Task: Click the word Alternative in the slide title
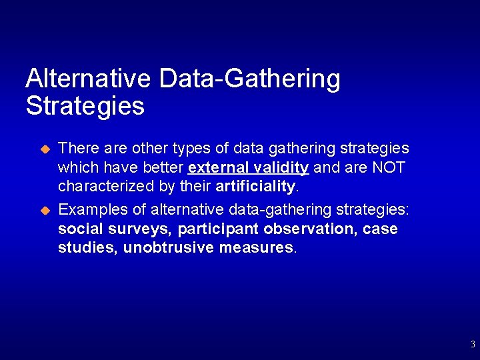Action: [89, 79]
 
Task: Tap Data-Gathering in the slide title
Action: [249, 79]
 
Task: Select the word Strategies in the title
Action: [85, 106]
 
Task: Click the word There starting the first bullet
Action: [77, 148]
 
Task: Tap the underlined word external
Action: [218, 167]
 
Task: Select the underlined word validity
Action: [280, 167]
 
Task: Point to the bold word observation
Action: [311, 229]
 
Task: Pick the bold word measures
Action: [256, 248]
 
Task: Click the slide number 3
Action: [473, 345]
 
